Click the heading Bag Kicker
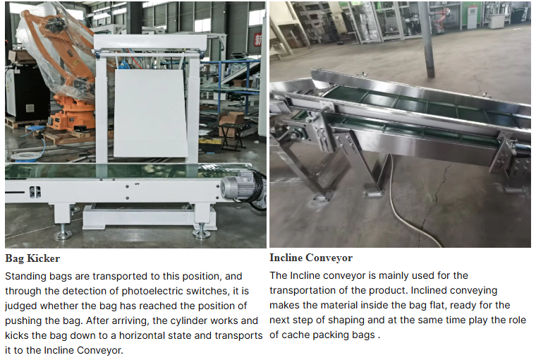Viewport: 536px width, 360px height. click(32, 258)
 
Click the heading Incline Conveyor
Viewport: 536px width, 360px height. click(311, 258)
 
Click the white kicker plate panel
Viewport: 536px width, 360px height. click(150, 114)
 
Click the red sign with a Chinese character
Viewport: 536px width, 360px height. click(257, 38)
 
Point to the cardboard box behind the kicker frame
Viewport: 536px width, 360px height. click(231, 120)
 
